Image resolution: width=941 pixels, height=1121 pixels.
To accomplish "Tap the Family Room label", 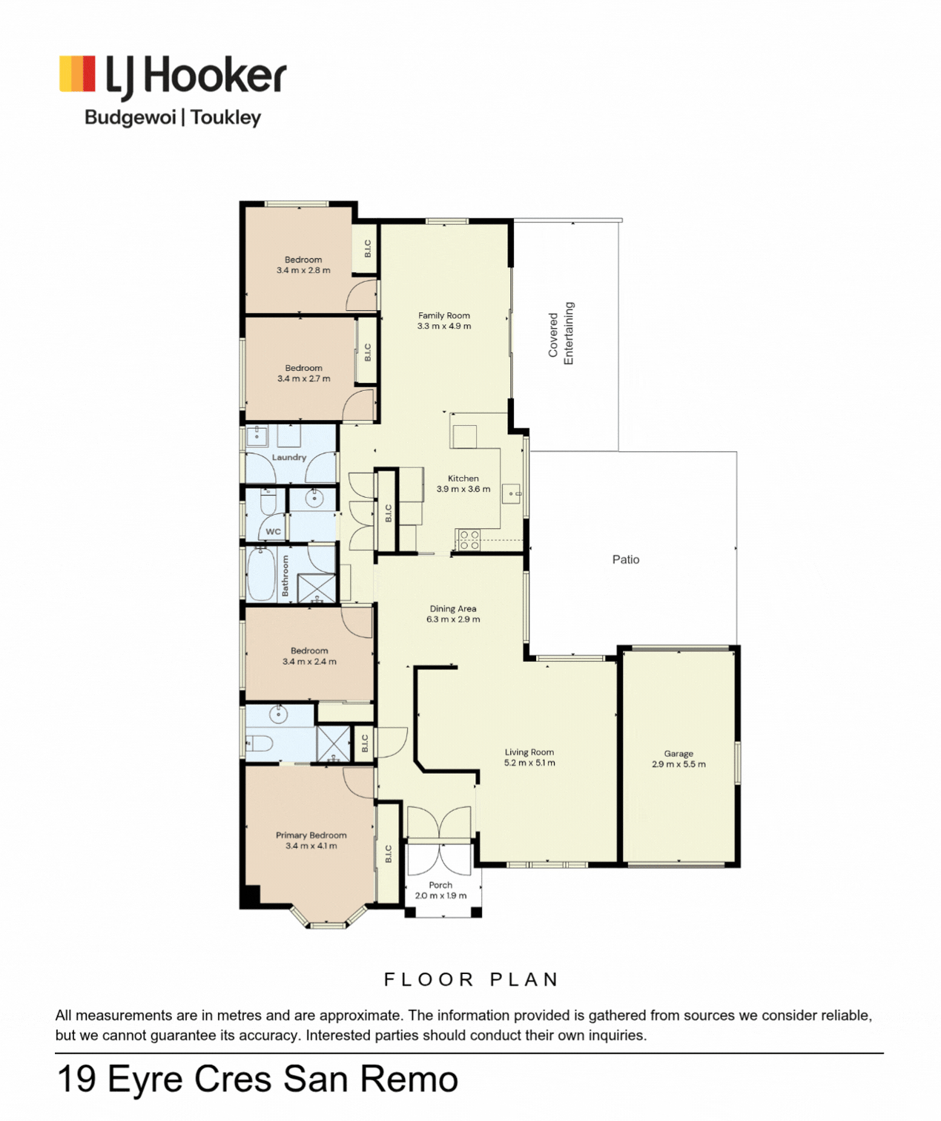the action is pos(444,316).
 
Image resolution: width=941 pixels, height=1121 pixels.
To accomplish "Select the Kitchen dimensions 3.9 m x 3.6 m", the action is pos(463,489).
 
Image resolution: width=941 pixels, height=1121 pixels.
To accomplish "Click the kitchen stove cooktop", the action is pos(468,539).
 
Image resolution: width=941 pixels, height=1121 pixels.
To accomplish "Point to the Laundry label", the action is pos(288,458).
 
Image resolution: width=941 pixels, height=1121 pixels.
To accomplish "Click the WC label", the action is pos(273,531).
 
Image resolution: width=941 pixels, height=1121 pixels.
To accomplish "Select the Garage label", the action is pos(678,754).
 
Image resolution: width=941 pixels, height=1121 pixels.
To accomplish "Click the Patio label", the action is pos(626,559).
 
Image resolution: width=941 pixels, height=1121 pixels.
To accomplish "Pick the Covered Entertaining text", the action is pos(561,333).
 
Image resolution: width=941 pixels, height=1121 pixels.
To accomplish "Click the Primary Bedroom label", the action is pos(311,835).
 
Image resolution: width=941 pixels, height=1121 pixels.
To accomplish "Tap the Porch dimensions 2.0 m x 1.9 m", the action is pos(440,895).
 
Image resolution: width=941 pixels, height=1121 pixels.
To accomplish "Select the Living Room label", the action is pos(529,752).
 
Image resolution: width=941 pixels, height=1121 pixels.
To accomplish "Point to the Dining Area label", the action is pos(453,609).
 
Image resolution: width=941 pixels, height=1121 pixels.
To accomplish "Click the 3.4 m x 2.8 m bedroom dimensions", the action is pos(303,270).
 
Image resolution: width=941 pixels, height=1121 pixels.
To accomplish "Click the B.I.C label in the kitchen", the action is pos(389,513).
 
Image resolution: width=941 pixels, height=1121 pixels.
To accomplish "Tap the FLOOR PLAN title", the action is pos(472,980).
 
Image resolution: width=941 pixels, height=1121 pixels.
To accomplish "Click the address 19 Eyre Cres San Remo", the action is pos(257,1079).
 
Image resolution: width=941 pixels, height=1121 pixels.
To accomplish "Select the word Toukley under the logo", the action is pos(226,117).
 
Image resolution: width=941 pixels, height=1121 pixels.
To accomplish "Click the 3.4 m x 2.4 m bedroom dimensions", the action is pos(310,662).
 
